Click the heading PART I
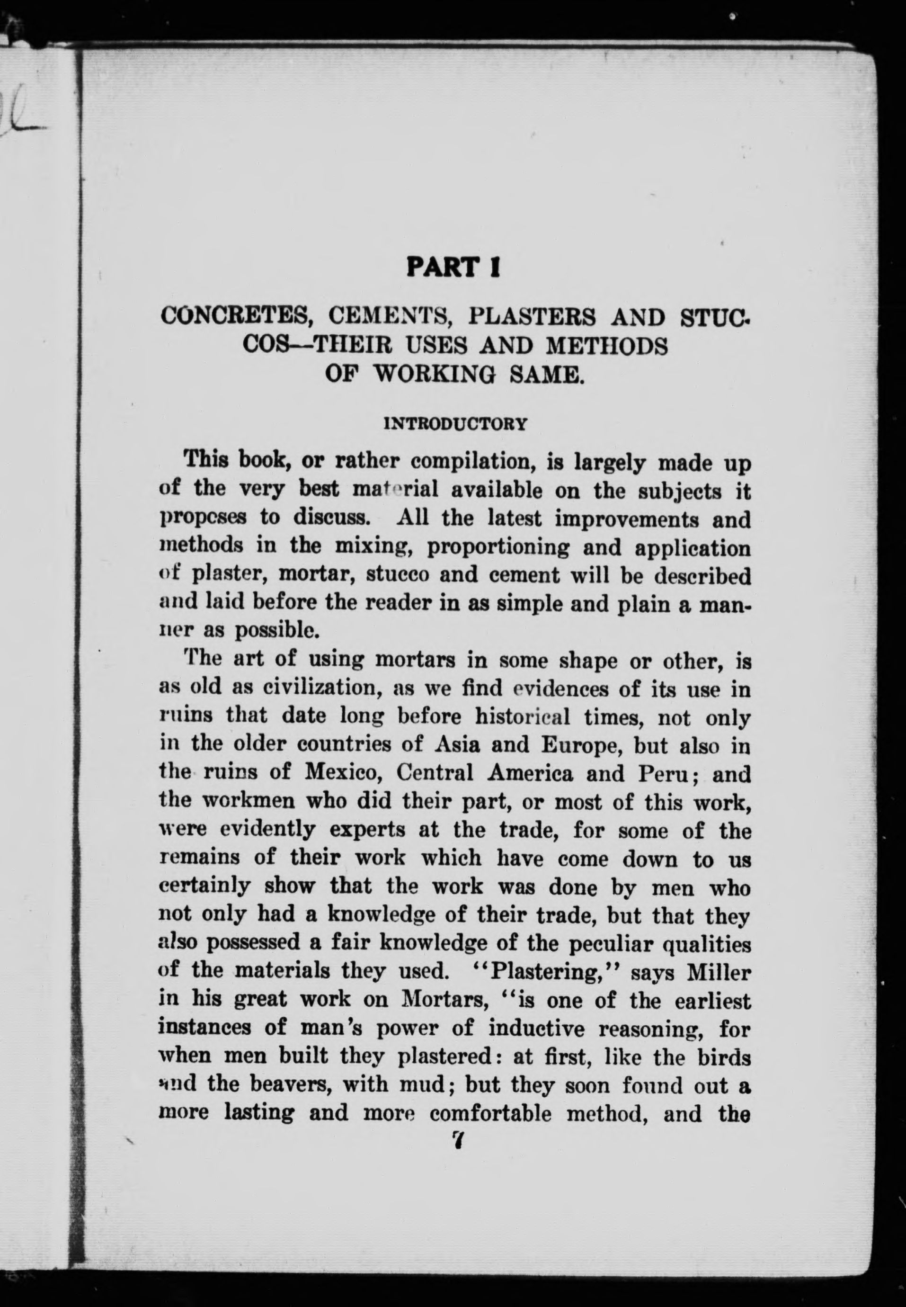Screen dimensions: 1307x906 tap(453, 267)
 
